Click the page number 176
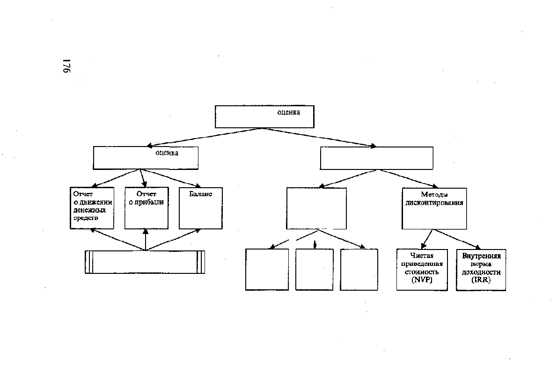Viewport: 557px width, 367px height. (66, 66)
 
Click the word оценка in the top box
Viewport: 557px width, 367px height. (288, 112)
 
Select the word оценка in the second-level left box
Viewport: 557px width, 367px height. (167, 153)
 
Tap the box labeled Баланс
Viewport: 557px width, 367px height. (201, 208)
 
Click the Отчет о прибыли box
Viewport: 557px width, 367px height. (147, 208)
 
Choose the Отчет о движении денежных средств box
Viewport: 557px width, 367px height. (92, 208)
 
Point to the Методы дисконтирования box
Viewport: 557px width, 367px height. (434, 209)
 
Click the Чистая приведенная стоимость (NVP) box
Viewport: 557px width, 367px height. (422, 270)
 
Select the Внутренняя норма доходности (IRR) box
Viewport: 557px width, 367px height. (481, 270)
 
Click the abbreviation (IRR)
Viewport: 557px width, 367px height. (481, 280)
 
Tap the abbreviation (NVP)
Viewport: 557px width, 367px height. (422, 279)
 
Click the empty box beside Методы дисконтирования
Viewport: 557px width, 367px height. (316, 208)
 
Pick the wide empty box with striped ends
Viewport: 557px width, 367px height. (145, 262)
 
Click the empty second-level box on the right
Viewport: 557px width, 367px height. (376, 158)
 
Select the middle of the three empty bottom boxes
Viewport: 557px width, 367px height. (315, 270)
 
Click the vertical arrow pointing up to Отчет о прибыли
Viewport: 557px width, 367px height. (145, 240)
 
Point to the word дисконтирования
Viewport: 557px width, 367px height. (434, 203)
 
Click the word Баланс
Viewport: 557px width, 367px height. (201, 194)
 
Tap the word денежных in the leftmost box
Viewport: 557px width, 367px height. (89, 210)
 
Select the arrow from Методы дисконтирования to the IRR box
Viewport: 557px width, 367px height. (456, 239)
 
